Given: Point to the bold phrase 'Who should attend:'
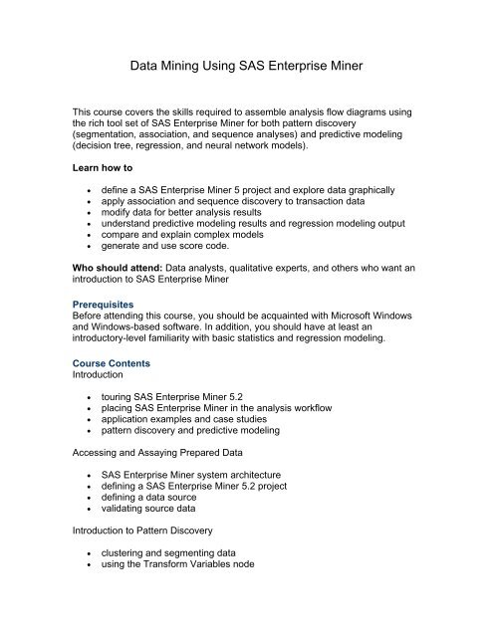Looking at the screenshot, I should [x=115, y=297].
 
